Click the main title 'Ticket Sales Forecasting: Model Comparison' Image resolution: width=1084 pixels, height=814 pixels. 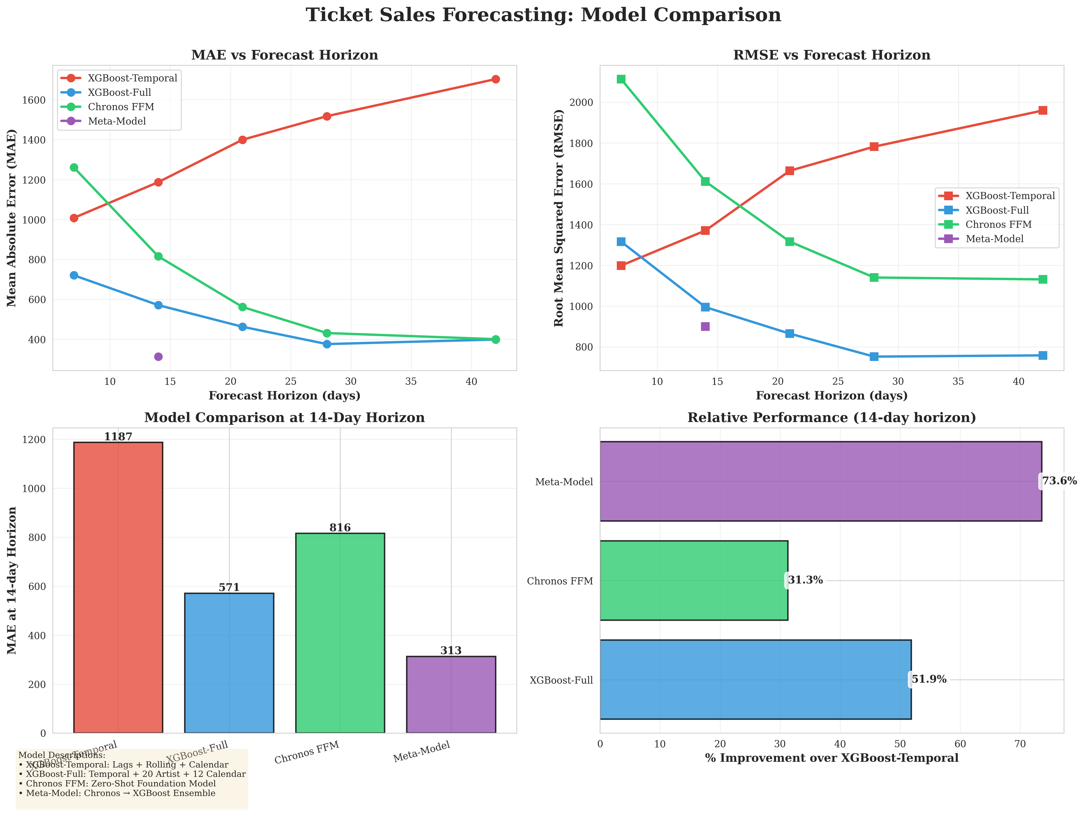click(543, 15)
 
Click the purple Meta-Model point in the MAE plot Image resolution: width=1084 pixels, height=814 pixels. click(158, 357)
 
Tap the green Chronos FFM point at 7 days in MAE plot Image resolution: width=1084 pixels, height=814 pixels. click(74, 168)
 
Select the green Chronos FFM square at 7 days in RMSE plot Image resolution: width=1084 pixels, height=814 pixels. click(621, 79)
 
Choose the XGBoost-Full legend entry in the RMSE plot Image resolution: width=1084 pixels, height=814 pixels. click(997, 210)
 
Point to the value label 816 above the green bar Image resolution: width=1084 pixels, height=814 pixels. click(340, 527)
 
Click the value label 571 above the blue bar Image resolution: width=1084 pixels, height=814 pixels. click(229, 587)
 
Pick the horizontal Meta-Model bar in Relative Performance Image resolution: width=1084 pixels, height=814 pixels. click(820, 481)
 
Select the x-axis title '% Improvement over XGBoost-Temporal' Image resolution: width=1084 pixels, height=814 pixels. click(832, 758)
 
